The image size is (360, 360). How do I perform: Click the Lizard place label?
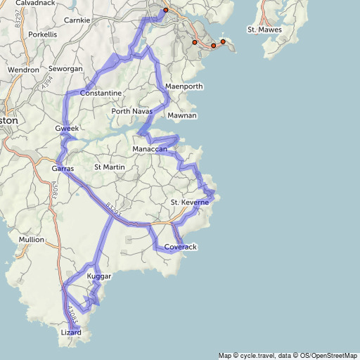point(72,332)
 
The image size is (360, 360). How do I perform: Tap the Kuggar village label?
point(98,277)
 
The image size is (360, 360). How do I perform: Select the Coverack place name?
point(180,247)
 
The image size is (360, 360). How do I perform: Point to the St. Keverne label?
point(190,202)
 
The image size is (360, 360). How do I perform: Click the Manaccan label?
point(150,150)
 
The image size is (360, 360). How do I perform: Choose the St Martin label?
point(109,167)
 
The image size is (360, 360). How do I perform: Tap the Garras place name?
point(63,169)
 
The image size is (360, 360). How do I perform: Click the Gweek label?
point(67,129)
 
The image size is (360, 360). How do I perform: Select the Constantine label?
point(101,94)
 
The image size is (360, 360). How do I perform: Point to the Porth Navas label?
point(131,111)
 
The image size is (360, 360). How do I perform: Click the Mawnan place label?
point(181,115)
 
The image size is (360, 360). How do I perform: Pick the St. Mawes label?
point(264,30)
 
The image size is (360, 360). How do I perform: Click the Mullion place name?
point(31,240)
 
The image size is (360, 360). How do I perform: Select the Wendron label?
point(23,70)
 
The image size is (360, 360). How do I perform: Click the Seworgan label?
point(66,69)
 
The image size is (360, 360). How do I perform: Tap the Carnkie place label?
point(77,20)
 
